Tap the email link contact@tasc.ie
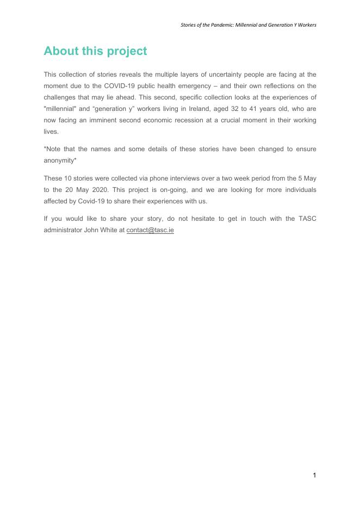coord(150,230)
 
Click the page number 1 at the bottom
coord(314,475)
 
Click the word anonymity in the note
coord(59,160)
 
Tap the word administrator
coord(63,230)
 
